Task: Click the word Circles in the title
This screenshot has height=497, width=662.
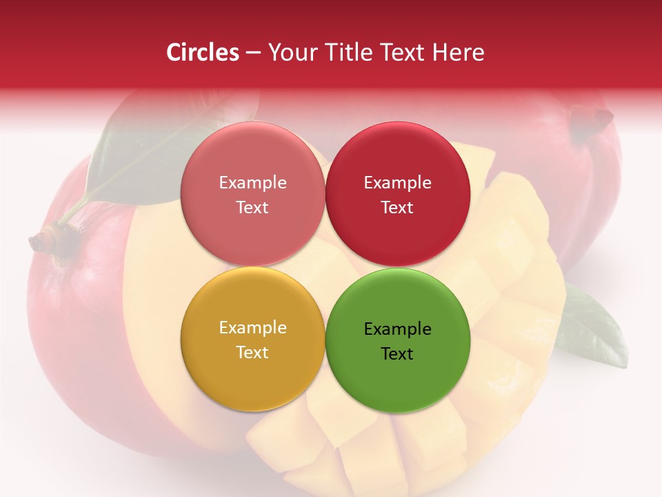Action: [x=202, y=52]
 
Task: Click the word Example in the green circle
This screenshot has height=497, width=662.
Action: [x=397, y=329]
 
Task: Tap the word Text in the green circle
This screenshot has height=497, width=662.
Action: [x=397, y=353]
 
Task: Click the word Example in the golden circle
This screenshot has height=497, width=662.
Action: [x=252, y=328]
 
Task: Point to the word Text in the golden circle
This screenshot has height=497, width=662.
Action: [x=252, y=352]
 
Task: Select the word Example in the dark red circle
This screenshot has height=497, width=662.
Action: [x=397, y=183]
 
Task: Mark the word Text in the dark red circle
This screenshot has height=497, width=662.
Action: [x=397, y=207]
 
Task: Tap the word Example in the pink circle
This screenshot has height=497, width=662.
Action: [x=252, y=183]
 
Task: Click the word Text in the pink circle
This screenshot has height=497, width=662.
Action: [x=252, y=207]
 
